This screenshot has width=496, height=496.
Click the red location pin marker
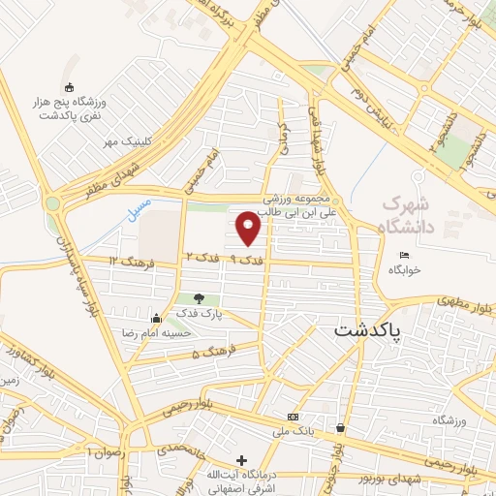[x=249, y=228]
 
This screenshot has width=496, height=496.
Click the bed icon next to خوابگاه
[x=404, y=255]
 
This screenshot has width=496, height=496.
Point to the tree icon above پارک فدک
[x=199, y=298]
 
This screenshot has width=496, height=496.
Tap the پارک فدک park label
[x=200, y=314]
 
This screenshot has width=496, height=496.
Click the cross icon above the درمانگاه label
[x=241, y=460]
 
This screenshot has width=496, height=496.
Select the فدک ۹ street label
[x=246, y=259]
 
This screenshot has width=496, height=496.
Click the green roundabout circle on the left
[x=51, y=203]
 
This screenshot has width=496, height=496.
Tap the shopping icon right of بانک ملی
[x=341, y=427]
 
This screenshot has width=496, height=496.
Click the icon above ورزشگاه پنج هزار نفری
[x=67, y=87]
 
